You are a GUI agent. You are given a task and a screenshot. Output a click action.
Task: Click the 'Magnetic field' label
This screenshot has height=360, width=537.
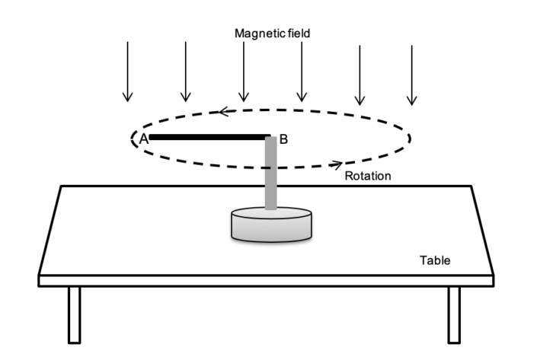tap(272, 33)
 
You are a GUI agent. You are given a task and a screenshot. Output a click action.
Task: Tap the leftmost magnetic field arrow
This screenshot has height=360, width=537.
tap(128, 72)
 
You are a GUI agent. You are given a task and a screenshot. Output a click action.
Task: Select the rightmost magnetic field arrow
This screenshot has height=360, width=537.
tap(411, 75)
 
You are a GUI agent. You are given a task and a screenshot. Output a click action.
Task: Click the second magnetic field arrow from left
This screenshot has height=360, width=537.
tap(185, 72)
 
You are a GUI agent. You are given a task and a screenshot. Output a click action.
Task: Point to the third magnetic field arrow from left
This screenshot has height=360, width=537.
tap(243, 72)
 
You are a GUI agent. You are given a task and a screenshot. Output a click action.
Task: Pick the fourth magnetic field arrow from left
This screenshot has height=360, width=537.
tap(302, 72)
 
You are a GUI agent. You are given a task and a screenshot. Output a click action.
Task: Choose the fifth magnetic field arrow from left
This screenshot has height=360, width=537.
tap(360, 75)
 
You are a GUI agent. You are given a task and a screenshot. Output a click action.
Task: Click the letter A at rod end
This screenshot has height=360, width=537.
tap(142, 139)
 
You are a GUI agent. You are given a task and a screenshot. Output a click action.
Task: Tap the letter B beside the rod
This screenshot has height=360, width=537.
tap(283, 139)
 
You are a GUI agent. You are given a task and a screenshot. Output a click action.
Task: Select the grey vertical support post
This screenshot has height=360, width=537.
tap(270, 175)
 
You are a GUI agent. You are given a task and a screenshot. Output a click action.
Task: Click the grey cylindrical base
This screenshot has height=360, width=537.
tap(272, 226)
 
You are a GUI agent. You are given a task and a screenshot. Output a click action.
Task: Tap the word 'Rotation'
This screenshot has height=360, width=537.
tap(368, 176)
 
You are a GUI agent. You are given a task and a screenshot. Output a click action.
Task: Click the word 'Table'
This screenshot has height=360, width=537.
tap(435, 260)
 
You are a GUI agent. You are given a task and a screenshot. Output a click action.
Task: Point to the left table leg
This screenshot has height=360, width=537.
tap(74, 314)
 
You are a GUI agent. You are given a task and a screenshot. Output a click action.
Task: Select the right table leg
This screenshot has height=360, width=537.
tap(454, 314)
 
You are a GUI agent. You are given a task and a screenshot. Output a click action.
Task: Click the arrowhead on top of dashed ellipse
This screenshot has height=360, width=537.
tap(224, 112)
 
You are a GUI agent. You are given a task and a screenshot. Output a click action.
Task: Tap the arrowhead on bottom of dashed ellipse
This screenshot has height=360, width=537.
tap(336, 163)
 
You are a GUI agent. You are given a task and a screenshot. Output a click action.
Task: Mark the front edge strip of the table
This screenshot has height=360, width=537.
tap(267, 280)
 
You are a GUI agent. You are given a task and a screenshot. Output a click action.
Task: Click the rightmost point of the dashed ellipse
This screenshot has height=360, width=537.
tap(411, 138)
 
